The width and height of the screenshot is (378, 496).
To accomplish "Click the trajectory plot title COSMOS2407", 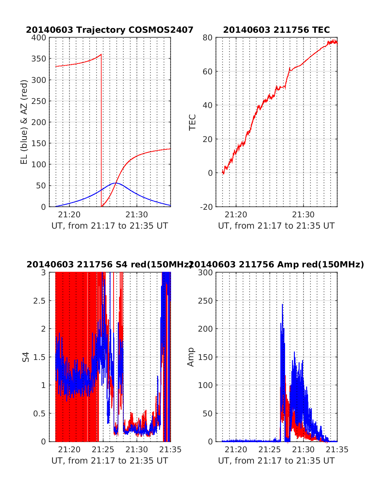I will (109, 30).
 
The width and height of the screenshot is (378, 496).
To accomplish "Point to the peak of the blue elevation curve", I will (116, 183).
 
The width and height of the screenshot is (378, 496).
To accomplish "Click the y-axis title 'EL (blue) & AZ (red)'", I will (24, 122).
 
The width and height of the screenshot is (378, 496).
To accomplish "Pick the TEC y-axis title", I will (192, 122).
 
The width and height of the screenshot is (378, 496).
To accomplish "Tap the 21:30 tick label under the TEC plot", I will (303, 215).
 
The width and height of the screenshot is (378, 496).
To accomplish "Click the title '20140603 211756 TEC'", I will (276, 30).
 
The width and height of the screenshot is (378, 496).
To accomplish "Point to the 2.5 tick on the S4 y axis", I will (39, 301).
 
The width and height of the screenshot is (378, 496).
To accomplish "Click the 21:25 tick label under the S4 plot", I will (103, 450).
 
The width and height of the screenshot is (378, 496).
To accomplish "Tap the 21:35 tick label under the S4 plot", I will (170, 450).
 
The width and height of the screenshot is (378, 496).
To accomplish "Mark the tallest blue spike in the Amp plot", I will (282, 305).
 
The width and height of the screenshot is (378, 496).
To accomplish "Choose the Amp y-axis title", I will (191, 357).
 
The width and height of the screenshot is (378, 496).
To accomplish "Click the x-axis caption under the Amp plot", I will (276, 461).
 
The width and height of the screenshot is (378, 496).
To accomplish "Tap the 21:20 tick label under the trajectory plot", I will (69, 215).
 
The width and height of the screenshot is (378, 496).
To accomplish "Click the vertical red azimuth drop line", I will (101, 132).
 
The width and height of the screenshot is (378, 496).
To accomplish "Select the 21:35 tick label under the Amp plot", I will (337, 450).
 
